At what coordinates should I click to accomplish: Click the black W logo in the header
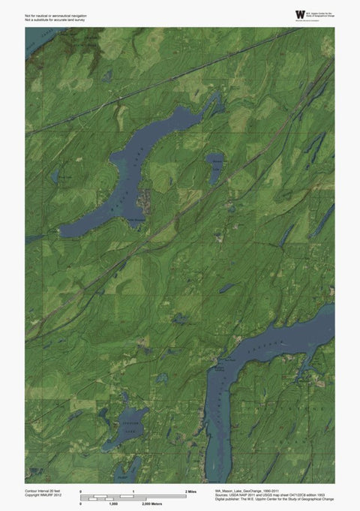pos(301,14)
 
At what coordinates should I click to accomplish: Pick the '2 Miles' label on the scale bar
pos(190,491)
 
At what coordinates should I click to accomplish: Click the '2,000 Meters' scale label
pos(153,503)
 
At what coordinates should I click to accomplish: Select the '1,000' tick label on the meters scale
pos(113,503)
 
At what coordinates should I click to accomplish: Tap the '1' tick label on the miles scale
pos(133,491)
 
